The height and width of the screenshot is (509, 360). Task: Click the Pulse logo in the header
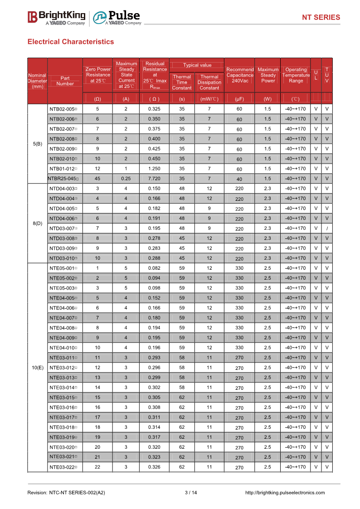117,17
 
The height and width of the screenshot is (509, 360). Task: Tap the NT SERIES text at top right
321,17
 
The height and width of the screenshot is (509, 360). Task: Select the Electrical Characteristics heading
71,42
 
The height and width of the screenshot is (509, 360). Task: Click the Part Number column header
65,81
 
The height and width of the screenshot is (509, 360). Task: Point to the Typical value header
197,65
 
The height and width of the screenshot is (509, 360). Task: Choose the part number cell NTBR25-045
65,179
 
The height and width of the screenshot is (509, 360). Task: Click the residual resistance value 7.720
154,179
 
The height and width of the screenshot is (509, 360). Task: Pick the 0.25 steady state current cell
126,179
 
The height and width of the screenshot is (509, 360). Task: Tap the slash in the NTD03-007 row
327,228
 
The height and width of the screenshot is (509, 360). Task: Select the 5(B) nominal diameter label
38,144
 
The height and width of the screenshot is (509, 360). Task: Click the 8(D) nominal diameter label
38,223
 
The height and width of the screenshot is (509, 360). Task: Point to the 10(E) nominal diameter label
38,368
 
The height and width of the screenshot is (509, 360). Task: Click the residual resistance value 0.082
154,268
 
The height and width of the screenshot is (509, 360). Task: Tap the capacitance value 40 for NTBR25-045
239,179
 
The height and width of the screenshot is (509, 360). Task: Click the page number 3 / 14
191,493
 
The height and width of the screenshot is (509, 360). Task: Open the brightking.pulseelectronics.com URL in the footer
285,493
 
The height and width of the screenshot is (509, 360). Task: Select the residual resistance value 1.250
154,169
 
